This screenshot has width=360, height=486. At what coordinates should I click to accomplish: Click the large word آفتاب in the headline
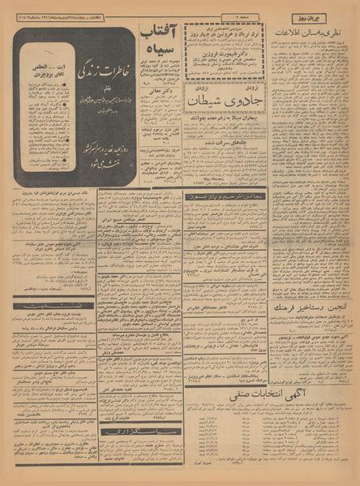click(159, 37)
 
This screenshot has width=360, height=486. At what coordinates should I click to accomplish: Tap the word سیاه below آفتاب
click(160, 58)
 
